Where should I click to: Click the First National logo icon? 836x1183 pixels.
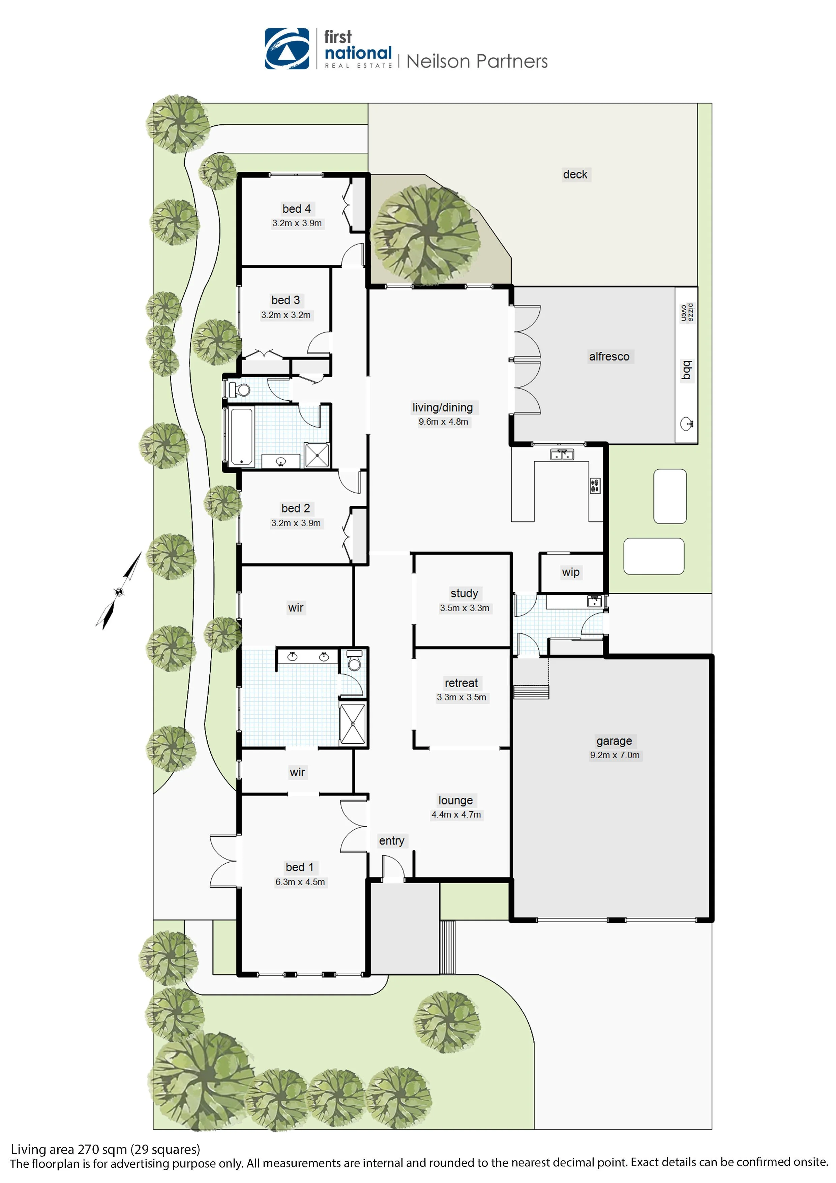click(x=287, y=49)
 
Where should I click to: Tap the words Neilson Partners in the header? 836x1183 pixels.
click(x=477, y=61)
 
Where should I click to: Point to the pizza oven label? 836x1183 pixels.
click(x=687, y=313)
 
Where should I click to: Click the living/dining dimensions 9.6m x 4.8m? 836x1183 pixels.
click(x=443, y=422)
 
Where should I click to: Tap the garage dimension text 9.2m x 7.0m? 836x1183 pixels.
click(x=615, y=755)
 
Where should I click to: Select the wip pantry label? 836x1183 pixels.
click(x=571, y=572)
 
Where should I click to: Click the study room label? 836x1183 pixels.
click(x=464, y=593)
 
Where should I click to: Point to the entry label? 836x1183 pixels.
click(x=391, y=840)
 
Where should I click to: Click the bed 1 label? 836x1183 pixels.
click(x=299, y=867)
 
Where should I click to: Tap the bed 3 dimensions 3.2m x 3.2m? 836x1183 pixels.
click(x=286, y=315)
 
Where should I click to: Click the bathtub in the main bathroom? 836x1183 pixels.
click(x=241, y=436)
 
